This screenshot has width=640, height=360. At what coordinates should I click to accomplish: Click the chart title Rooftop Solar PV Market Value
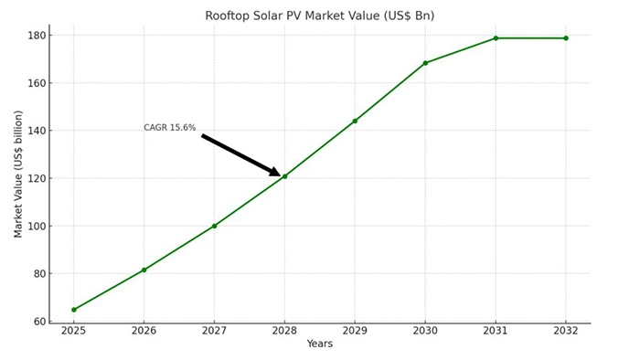coord(319,16)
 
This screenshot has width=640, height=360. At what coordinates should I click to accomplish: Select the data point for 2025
coord(74,310)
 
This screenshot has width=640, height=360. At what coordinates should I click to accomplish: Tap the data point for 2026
coord(144,270)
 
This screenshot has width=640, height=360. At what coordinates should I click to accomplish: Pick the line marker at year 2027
coord(214,226)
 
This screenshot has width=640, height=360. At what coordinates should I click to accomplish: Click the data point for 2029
coord(355,121)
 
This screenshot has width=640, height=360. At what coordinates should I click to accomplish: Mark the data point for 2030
coord(425,63)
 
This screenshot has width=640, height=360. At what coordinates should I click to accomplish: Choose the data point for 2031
coord(496,38)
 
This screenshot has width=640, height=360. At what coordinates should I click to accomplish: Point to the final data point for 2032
coord(566,38)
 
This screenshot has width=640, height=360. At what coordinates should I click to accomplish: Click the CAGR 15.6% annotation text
coord(170,128)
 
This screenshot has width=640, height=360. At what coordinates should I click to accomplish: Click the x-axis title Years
coord(320,344)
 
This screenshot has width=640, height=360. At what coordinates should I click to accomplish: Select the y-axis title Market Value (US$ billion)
coord(18,174)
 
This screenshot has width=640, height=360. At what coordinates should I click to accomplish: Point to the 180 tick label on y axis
coord(37,36)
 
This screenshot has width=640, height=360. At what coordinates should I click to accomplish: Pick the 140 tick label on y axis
coord(37,131)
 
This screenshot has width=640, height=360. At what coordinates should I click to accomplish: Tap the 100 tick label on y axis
coord(37,226)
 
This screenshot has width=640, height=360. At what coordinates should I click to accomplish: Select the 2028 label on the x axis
coord(284,331)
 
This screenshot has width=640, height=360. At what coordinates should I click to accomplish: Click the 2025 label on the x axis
coord(74,331)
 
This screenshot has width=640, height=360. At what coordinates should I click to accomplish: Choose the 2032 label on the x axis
coord(566,331)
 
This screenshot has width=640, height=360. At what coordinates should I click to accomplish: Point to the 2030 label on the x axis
coord(425,331)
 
